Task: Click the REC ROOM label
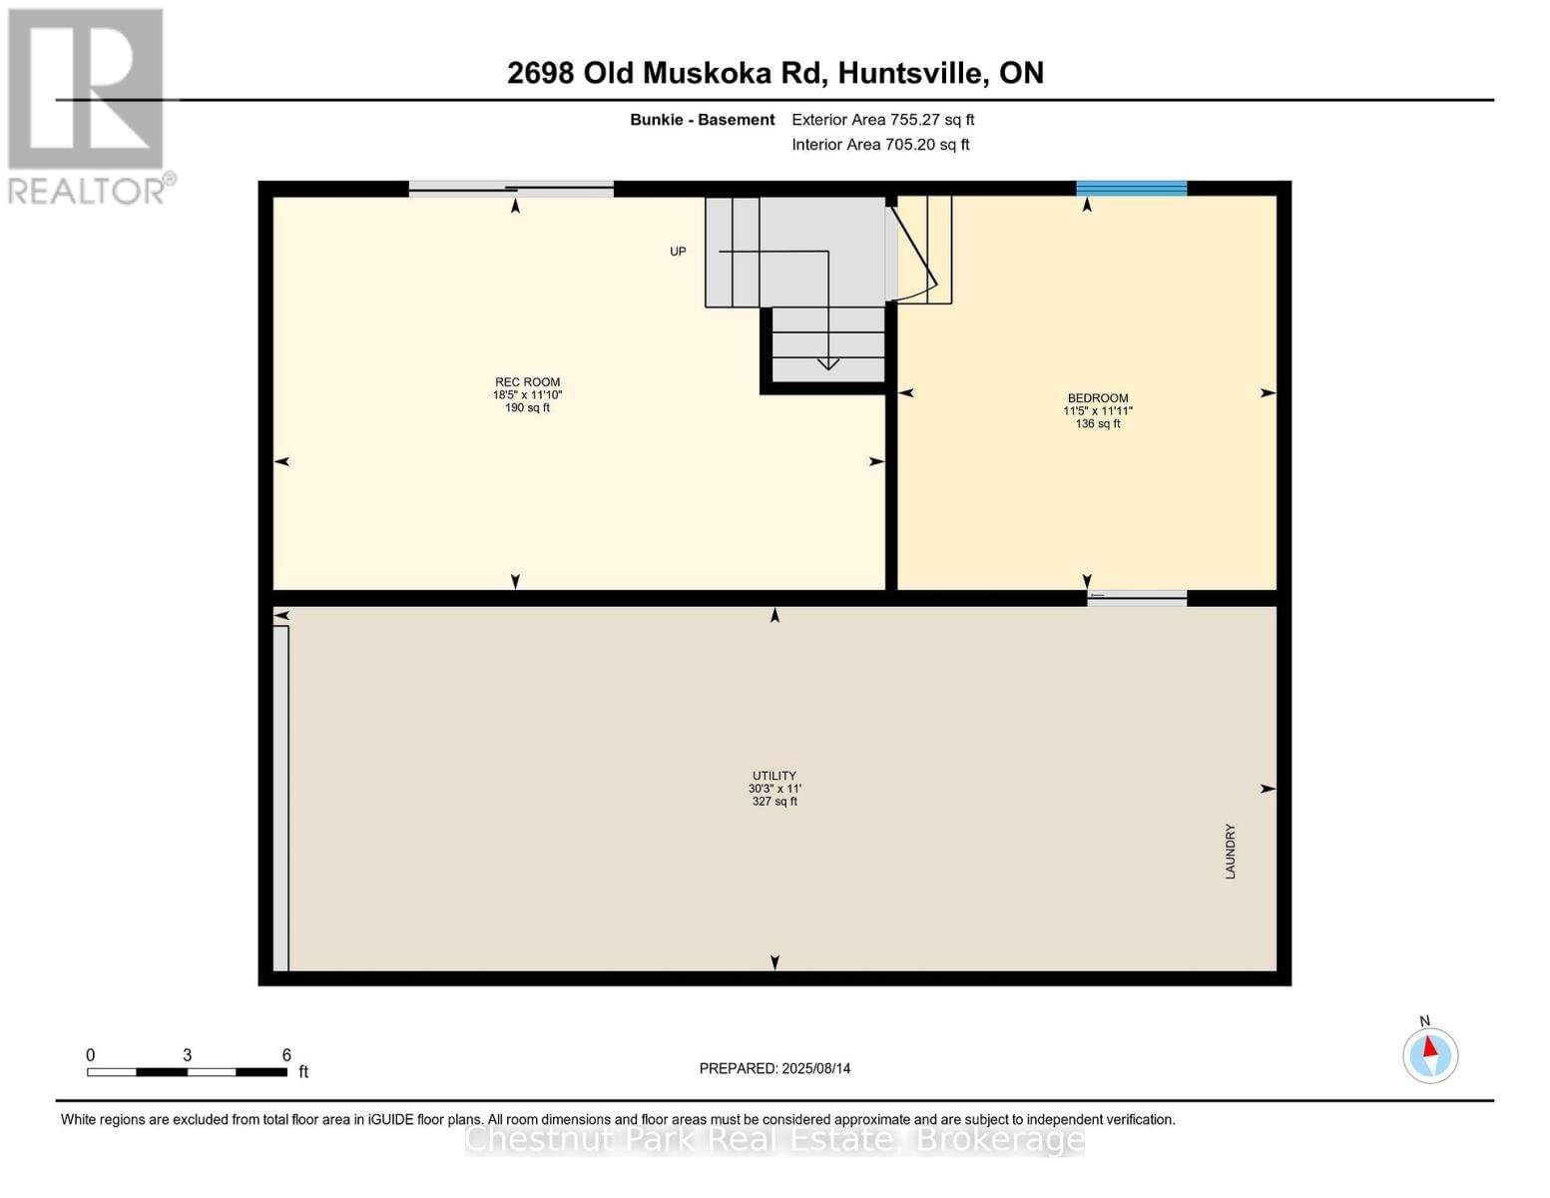[x=527, y=382]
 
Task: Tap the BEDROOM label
[x=1097, y=398]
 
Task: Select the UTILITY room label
[x=775, y=776]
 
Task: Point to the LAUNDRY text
[x=1231, y=852]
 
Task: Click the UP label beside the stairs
[x=678, y=252]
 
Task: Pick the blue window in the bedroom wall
[x=1131, y=188]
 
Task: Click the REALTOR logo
[x=88, y=105]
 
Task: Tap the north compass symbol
[x=1430, y=1054]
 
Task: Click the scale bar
[x=187, y=1071]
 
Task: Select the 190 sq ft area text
[x=527, y=408]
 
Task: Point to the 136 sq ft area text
[x=1097, y=424]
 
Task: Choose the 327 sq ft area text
[x=775, y=802]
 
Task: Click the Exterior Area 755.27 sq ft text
[x=882, y=120]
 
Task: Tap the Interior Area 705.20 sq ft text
[x=880, y=145]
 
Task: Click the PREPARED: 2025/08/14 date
[x=775, y=1068]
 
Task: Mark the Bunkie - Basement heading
[x=702, y=120]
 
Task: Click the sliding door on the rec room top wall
[x=511, y=188]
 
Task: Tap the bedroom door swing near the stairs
[x=916, y=255]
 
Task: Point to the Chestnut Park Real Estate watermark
[x=775, y=1139]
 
